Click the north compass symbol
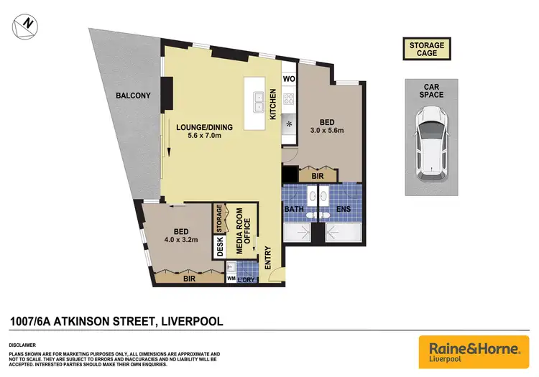26,25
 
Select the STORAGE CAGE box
427,50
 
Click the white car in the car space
431,138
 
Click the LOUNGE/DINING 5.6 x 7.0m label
201,132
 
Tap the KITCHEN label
273,103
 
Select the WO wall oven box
289,78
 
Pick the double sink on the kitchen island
257,102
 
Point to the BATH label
295,210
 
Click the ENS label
344,210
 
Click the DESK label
219,247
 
